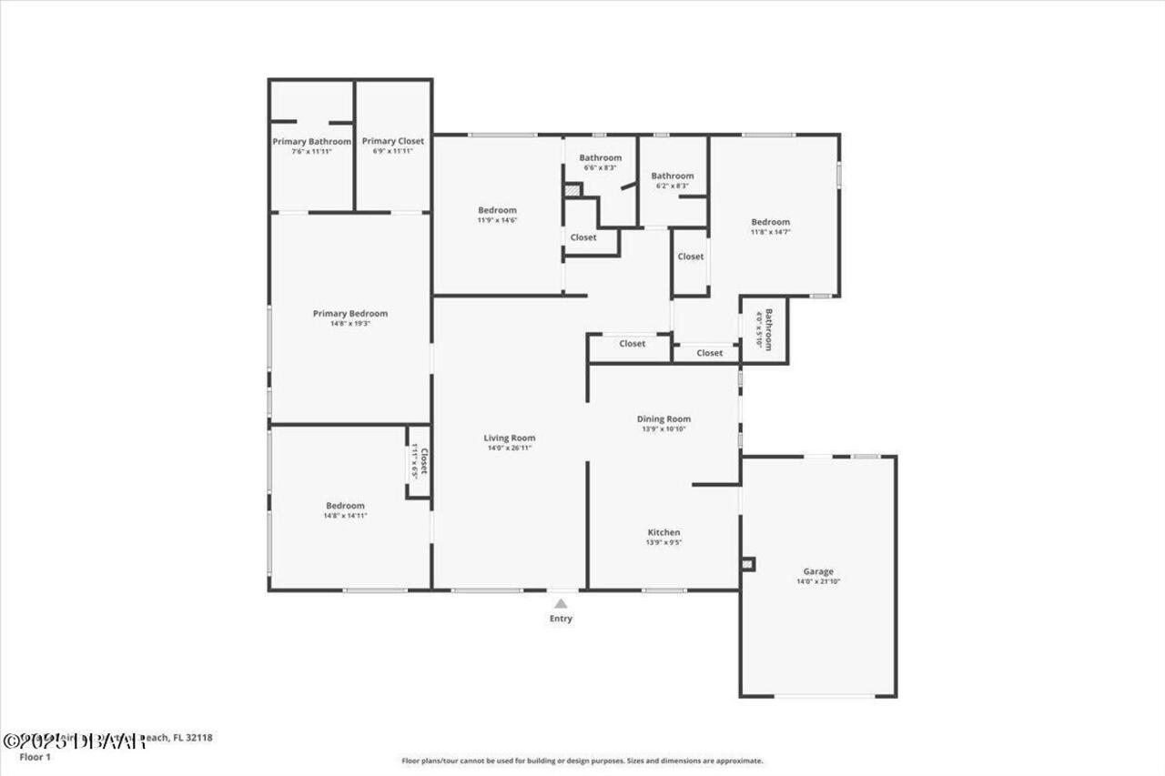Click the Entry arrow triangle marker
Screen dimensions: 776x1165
click(x=562, y=602)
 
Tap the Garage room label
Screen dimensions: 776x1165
click(x=817, y=571)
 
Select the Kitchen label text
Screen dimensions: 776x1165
click(x=664, y=532)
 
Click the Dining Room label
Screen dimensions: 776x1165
click(x=664, y=419)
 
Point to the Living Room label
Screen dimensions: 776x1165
click(x=510, y=438)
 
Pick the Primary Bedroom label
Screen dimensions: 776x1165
click(x=350, y=314)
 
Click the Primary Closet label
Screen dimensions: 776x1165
click(x=393, y=141)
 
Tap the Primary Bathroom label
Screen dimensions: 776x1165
click(x=311, y=142)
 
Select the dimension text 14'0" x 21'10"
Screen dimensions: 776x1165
click(x=817, y=581)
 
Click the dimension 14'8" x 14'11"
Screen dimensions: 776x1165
click(x=345, y=516)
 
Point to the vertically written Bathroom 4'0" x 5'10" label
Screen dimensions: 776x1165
click(x=765, y=329)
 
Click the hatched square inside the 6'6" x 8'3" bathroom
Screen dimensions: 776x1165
click(x=572, y=190)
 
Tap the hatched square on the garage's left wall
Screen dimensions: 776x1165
click(x=747, y=564)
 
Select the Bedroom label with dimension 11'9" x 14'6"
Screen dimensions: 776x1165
click(x=497, y=210)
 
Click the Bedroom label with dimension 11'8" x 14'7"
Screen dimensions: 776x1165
click(x=770, y=222)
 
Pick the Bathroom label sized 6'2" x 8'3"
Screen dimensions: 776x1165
click(x=672, y=176)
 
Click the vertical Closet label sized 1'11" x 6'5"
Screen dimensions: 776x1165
click(x=420, y=462)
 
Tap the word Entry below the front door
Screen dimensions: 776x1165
click(x=562, y=620)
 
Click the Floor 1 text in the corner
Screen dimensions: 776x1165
click(x=35, y=757)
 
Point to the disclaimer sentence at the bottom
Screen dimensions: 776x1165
click(x=582, y=761)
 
